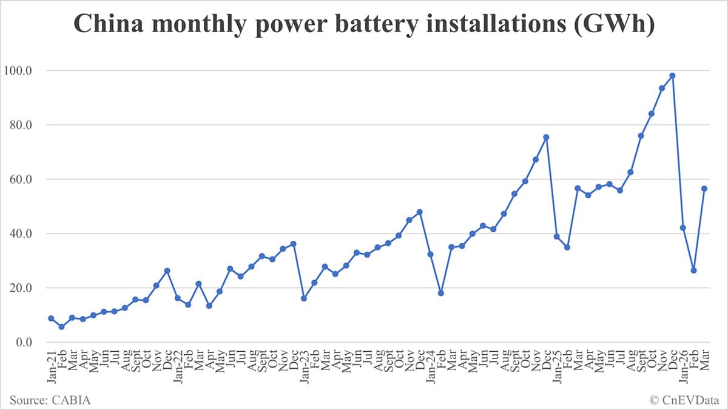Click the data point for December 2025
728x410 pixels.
[672, 76]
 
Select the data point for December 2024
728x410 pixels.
[546, 137]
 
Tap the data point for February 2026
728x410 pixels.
[693, 271]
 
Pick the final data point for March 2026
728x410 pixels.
[704, 189]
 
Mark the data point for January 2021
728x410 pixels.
[51, 318]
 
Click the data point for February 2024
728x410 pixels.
[441, 293]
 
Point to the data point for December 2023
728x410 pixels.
[420, 212]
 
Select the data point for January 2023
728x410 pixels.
[304, 298]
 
